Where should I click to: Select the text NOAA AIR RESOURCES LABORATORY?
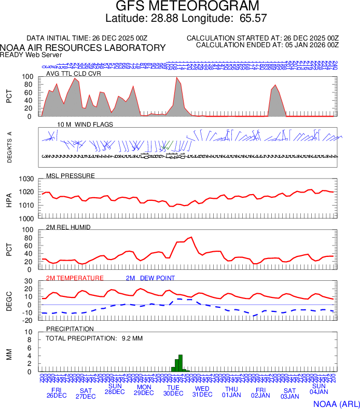[x=83, y=48]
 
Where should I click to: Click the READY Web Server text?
[x=31, y=54]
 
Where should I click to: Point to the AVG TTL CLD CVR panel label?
[x=74, y=73]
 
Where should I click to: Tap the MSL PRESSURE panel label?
[x=71, y=175]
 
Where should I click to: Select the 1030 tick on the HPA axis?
[x=26, y=179]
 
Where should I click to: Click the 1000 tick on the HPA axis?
[x=26, y=219]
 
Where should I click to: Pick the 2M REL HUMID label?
[x=68, y=227]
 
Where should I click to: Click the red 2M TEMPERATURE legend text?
[x=75, y=278]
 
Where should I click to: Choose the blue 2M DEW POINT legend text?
[x=150, y=278]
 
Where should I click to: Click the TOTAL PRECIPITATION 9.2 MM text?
[x=94, y=338]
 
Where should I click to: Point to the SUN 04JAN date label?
[x=319, y=389]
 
